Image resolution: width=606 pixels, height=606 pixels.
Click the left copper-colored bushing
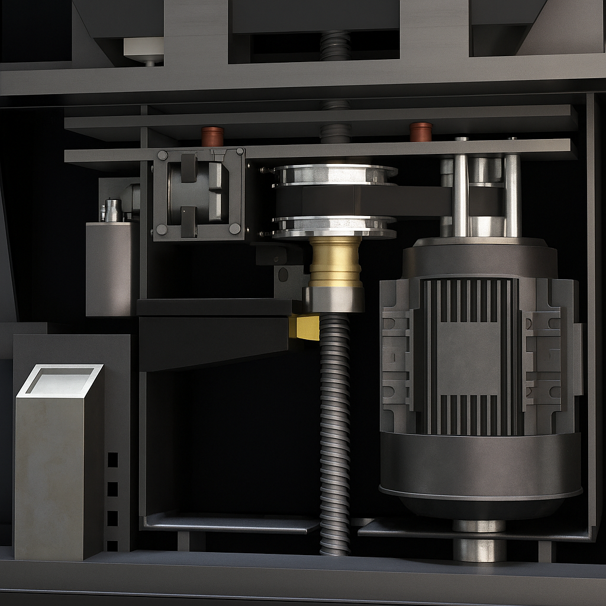[212, 136]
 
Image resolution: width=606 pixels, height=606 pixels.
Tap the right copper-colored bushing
[421, 131]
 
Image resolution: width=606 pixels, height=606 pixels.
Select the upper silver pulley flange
[335, 174]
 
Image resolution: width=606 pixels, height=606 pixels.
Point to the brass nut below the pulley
[336, 262]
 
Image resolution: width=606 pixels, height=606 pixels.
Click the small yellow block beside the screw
[305, 327]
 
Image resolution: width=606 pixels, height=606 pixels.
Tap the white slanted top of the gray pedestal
[60, 380]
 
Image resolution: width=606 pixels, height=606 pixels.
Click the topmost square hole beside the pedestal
[112, 460]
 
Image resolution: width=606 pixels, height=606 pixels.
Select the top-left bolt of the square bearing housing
[162, 156]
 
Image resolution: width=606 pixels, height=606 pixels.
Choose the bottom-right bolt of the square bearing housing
[235, 228]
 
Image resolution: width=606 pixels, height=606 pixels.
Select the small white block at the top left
[144, 50]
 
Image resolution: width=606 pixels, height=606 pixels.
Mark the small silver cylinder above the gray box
[112, 210]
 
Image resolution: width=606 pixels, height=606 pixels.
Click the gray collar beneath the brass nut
[334, 299]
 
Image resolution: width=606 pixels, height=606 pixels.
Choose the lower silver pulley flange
[334, 227]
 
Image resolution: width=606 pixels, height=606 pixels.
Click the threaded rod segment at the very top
[336, 46]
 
